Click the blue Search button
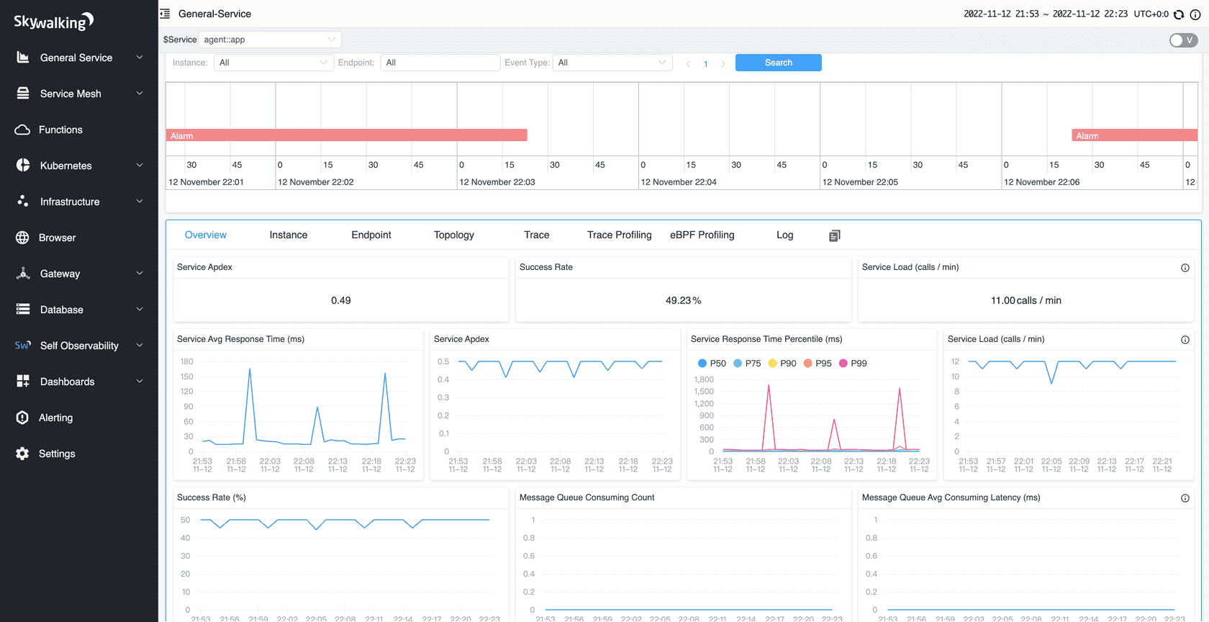778,63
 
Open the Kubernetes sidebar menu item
65,166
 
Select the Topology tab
453,235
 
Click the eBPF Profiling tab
702,235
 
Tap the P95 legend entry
818,364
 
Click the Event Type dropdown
612,63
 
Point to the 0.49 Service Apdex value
340,300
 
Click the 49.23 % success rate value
683,300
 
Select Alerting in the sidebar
55,418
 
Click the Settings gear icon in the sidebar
22,454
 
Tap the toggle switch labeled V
1183,40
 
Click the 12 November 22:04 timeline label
679,182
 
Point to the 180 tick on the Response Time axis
186,361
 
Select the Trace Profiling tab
619,235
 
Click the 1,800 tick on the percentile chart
704,379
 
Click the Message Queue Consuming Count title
587,497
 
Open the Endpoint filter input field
440,63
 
